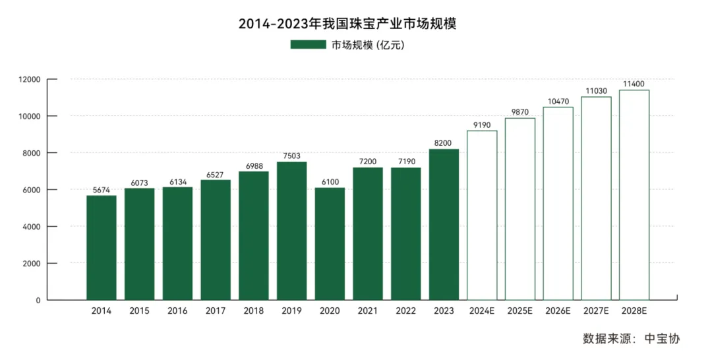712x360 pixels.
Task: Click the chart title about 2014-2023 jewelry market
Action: click(356, 24)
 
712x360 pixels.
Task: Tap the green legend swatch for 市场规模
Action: click(308, 45)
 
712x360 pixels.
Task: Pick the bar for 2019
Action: click(291, 231)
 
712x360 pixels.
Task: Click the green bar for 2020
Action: click(330, 244)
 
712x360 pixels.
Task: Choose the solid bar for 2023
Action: click(444, 224)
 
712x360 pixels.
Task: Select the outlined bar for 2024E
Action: click(482, 215)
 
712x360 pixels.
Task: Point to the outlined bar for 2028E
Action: click(634, 195)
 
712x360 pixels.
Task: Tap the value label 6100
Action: click(330, 182)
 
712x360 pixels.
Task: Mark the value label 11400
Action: click(634, 84)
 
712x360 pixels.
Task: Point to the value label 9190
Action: click(482, 125)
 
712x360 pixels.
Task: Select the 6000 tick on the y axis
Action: click(32, 190)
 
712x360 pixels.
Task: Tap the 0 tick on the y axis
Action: click(38, 300)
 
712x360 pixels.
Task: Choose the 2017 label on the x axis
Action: click(216, 311)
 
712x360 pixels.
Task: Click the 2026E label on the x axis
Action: click(558, 311)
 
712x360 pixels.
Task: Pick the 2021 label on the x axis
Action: click(368, 311)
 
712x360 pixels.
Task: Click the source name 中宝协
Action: click(661, 339)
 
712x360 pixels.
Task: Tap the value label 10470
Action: click(558, 102)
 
